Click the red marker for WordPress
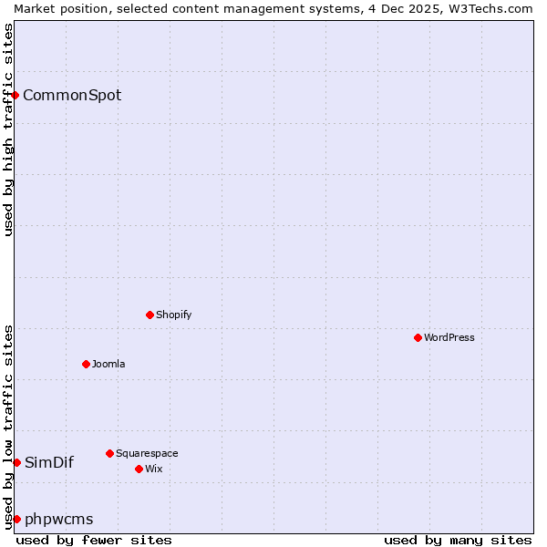[x=418, y=337]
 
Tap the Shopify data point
[x=150, y=315]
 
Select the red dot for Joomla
[x=86, y=364]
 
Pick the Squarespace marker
[x=109, y=453]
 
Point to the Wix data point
[x=139, y=469]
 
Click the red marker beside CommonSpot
[x=15, y=95]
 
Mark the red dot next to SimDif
[x=16, y=462]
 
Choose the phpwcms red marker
[x=16, y=519]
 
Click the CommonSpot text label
[x=72, y=95]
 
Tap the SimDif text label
[x=49, y=462]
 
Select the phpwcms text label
[x=59, y=520]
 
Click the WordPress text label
[x=449, y=337]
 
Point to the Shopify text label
[x=174, y=315]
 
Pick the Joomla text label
[x=108, y=364]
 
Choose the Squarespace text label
[x=147, y=453]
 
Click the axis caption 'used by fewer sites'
[x=94, y=540]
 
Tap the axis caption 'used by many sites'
[x=458, y=540]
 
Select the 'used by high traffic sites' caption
[x=8, y=129]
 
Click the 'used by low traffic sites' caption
[x=8, y=427]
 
